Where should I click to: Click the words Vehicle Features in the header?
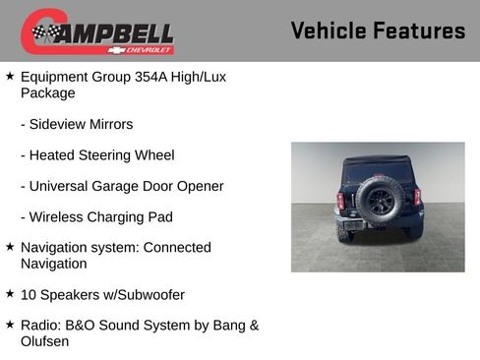click(x=378, y=31)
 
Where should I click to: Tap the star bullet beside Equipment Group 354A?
click(x=10, y=76)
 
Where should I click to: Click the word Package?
click(x=47, y=93)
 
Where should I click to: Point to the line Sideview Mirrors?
click(x=76, y=125)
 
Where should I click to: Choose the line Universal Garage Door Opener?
click(x=122, y=186)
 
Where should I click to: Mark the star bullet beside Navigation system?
click(x=10, y=247)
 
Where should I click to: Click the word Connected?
click(x=177, y=248)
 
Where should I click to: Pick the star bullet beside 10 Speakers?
click(x=10, y=294)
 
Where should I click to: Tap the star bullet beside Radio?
click(x=10, y=325)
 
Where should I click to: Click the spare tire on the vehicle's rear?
click(x=380, y=200)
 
